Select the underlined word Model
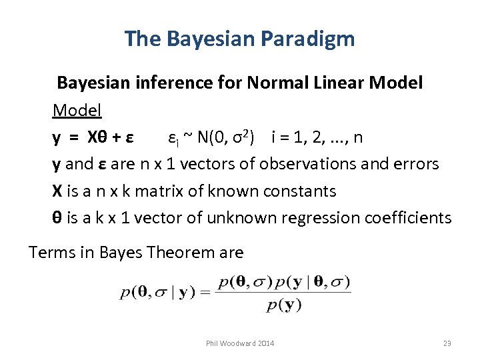tap(77, 110)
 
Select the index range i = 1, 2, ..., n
tap(317, 137)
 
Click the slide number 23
tap(447, 343)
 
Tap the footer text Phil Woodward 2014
tap(239, 343)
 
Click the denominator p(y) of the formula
tap(284, 306)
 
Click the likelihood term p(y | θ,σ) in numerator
tap(314, 282)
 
